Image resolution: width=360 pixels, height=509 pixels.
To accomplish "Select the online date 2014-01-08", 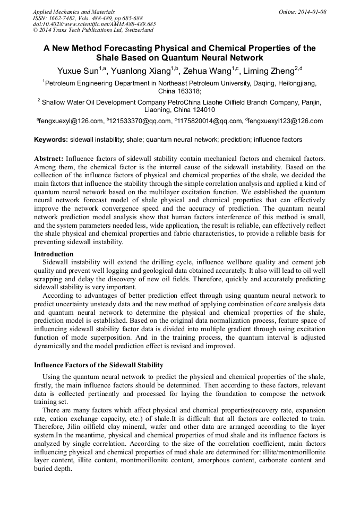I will (313, 11).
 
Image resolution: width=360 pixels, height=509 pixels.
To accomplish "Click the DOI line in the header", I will (94, 24).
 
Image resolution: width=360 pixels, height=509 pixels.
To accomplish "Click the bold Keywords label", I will (51, 140).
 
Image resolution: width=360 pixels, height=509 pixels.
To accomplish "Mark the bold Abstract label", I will (49, 159).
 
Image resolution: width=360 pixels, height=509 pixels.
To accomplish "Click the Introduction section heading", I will (54, 254).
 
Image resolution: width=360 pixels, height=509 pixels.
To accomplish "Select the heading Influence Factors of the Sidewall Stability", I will (99, 365).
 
